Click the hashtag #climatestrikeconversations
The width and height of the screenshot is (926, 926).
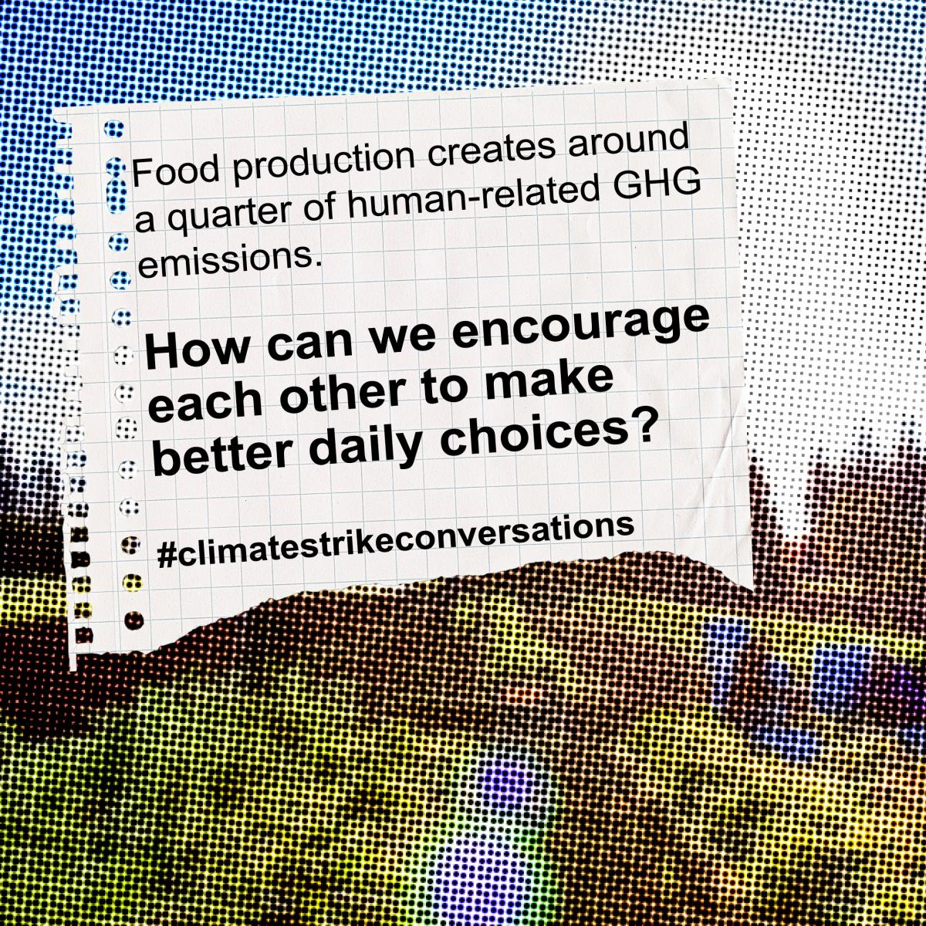click(396, 542)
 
